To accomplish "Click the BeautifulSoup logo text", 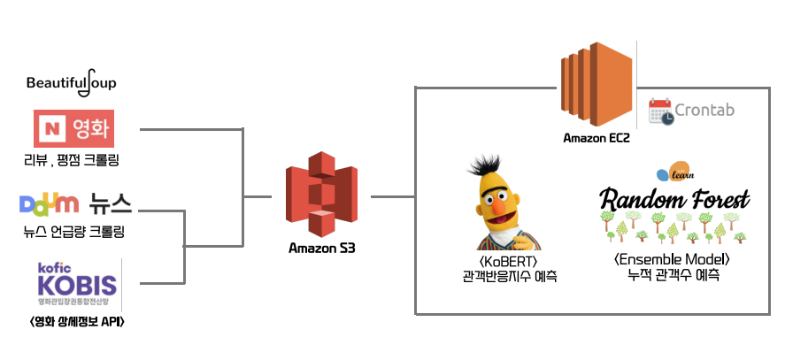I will pos(71,84).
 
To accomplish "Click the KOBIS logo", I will pos(76,283).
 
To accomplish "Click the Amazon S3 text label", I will pos(323,248).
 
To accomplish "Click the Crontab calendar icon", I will pos(660,111).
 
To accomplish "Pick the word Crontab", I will pos(704,111).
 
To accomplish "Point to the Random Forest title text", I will pos(674,196).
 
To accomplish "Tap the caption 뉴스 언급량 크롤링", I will pos(74,233).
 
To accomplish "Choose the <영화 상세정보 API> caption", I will pos(76,320).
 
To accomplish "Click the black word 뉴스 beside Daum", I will pos(111,205).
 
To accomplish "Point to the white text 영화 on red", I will pos(89,129).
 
